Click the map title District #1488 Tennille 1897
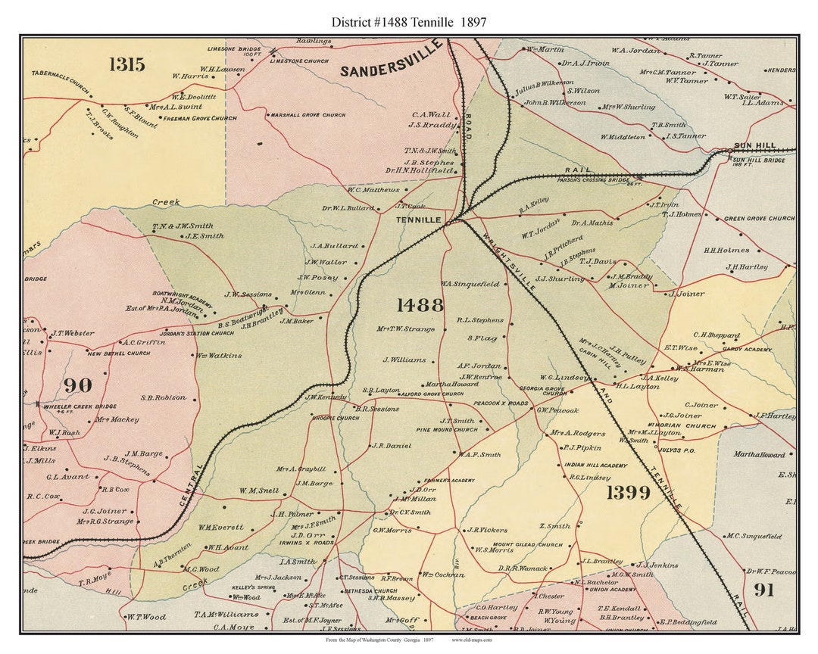(x=409, y=22)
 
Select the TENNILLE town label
(x=419, y=220)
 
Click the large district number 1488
(x=420, y=305)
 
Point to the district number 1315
(x=126, y=64)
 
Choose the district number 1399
(x=628, y=493)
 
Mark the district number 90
(x=77, y=385)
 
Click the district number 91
(x=763, y=590)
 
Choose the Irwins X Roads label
(x=312, y=543)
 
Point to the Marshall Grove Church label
(x=306, y=115)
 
